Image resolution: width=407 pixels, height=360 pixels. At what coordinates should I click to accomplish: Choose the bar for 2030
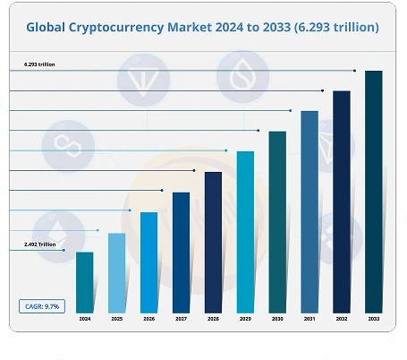pyautogui.click(x=277, y=221)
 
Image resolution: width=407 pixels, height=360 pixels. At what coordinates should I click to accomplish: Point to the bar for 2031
pyautogui.click(x=309, y=210)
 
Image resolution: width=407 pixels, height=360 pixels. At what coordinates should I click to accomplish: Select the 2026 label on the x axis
pyautogui.click(x=148, y=320)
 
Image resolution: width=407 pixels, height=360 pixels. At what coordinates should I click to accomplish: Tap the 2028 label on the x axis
pyautogui.click(x=213, y=320)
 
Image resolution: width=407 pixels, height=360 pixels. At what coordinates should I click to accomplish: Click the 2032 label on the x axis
pyautogui.click(x=341, y=320)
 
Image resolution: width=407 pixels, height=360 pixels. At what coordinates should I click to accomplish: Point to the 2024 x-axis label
pyautogui.click(x=84, y=320)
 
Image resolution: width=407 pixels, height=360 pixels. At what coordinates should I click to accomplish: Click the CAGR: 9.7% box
pyautogui.click(x=39, y=306)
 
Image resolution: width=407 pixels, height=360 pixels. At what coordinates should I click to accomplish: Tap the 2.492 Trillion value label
pyautogui.click(x=39, y=244)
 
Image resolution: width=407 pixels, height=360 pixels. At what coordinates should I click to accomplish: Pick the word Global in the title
pyautogui.click(x=50, y=28)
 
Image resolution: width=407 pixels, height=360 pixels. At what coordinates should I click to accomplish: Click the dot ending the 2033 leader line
pyautogui.click(x=355, y=71)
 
